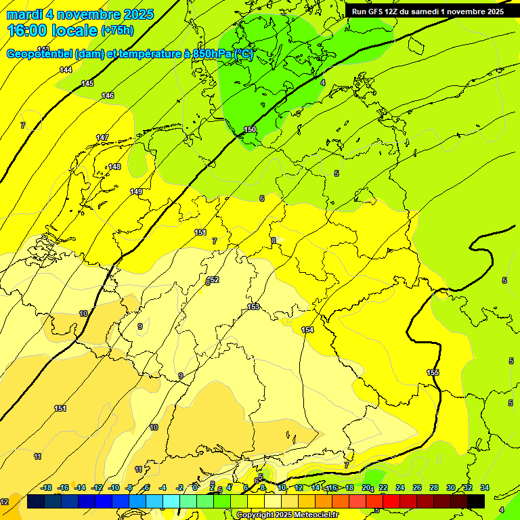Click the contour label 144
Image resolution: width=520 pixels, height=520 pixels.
coord(66,70)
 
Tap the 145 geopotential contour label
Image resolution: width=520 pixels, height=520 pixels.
coord(87,83)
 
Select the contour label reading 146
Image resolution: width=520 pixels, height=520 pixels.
coord(108,96)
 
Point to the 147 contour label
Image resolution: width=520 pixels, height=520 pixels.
coord(102,137)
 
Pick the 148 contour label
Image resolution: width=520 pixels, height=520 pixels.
coord(114,167)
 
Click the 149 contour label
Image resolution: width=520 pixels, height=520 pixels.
coord(136,192)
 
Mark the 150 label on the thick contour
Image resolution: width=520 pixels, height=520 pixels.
coord(250,129)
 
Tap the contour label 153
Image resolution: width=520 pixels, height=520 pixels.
coord(253,307)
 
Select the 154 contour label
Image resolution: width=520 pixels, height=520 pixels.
coord(307,330)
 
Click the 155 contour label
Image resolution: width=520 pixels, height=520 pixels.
coord(433,373)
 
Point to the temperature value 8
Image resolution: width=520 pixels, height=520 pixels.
coord(274,240)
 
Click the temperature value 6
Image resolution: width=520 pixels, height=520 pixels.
coord(261,198)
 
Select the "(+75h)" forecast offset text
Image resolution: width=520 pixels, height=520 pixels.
coord(117,30)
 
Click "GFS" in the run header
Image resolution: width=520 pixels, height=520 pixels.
coord(375,12)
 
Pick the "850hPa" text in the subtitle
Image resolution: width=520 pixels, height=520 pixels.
coord(211,54)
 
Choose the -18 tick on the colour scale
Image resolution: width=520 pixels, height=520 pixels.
coord(47,487)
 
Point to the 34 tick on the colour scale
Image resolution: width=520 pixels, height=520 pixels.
coord(484,487)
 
